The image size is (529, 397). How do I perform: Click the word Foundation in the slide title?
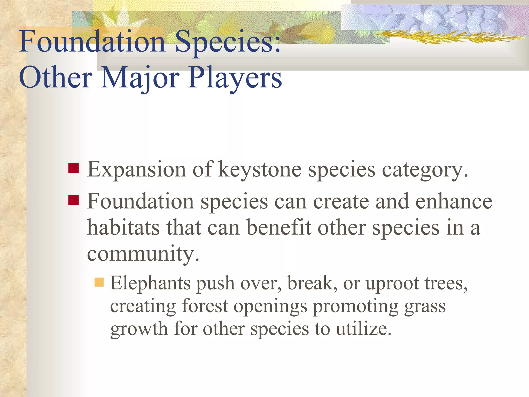point(92,41)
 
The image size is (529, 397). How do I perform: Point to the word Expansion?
point(136,170)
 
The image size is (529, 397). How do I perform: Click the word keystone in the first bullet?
point(260,170)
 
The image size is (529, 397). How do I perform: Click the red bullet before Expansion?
point(74,168)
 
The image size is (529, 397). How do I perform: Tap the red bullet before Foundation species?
point(74,200)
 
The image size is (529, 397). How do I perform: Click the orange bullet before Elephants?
point(99,282)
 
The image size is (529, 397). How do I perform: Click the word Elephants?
point(151,284)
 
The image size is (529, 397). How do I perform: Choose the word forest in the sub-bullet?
point(205,306)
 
